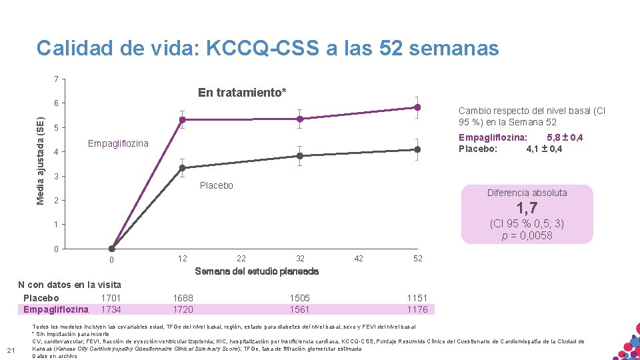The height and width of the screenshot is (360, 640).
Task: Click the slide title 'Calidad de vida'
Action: (267, 48)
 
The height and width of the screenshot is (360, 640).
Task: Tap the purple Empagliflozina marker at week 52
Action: (417, 107)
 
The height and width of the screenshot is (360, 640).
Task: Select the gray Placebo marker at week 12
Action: (182, 168)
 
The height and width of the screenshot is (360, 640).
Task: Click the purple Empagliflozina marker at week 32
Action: (300, 119)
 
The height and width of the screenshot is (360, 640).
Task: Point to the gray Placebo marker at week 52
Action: (417, 149)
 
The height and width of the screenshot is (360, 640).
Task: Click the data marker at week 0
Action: (112, 249)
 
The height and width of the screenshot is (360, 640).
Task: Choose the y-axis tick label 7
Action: (57, 79)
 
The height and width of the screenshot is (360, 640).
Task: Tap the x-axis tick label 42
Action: (359, 259)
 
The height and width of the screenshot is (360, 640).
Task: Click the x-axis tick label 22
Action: (241, 259)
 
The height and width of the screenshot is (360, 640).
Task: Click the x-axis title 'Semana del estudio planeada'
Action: (257, 271)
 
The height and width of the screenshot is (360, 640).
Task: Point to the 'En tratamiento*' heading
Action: (242, 93)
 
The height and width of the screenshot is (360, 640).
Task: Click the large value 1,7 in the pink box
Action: (527, 209)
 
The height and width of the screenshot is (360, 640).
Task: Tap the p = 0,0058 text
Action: (527, 235)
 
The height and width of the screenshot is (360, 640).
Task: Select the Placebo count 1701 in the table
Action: (111, 298)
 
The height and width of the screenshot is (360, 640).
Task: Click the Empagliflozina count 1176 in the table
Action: (417, 309)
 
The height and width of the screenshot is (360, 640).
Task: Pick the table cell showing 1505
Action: (300, 298)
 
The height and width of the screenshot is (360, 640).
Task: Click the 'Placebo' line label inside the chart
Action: (217, 185)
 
